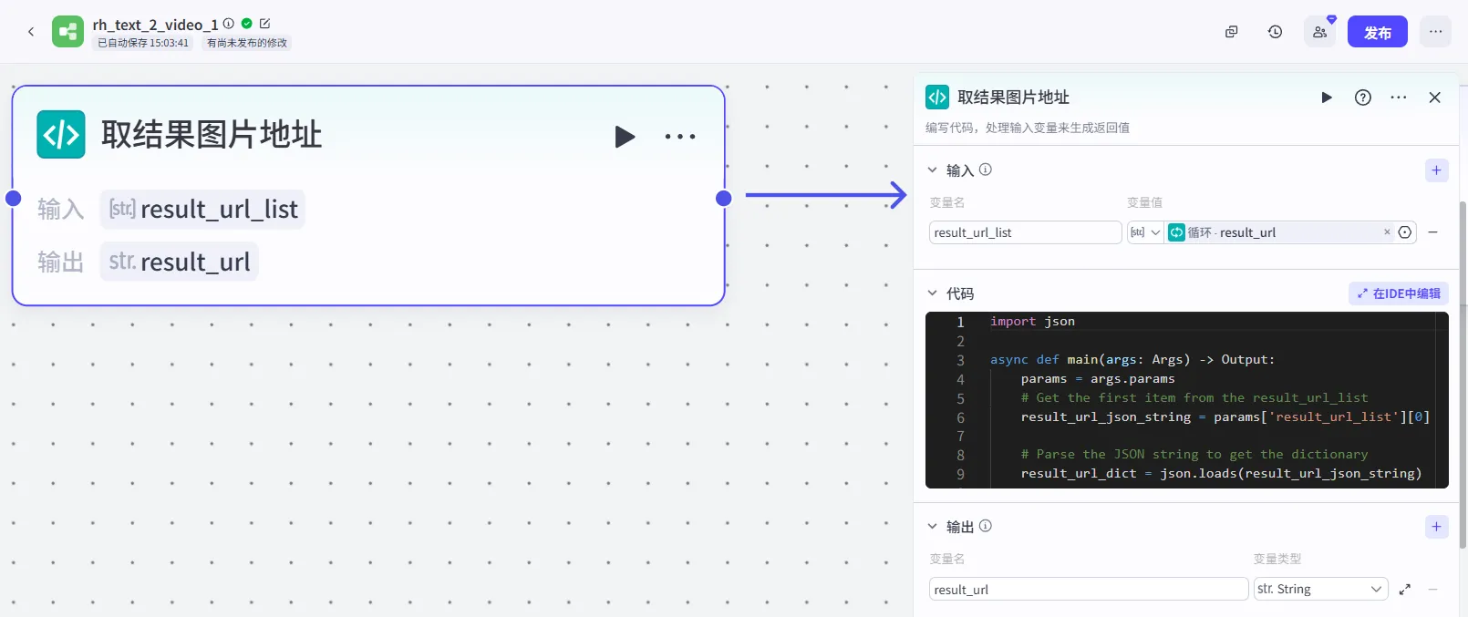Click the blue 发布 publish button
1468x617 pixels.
[1377, 32]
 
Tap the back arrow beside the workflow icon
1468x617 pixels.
[31, 31]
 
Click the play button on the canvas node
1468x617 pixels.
[625, 136]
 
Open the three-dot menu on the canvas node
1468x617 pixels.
[679, 136]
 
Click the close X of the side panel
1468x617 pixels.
[1434, 98]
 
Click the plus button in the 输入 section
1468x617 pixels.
[1437, 170]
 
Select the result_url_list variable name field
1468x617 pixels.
[1025, 232]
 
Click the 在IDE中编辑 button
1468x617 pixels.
[1399, 293]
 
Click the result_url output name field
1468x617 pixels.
[1088, 589]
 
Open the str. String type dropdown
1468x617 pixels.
[1320, 589]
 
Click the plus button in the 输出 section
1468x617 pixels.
[1437, 527]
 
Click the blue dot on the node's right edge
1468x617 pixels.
[724, 198]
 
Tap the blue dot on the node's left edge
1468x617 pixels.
[13, 198]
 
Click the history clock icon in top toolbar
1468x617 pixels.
[1275, 31]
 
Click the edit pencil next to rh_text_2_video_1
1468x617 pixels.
[264, 24]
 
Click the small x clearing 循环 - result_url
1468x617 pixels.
[1387, 231]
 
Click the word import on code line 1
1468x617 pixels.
[1012, 321]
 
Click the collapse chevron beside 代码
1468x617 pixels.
[932, 293]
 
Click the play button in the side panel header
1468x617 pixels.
[1327, 98]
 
